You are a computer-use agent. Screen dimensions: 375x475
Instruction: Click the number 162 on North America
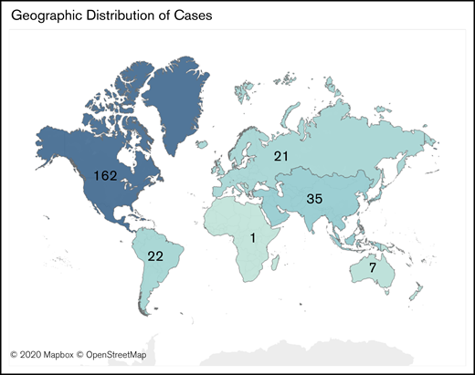tap(106, 173)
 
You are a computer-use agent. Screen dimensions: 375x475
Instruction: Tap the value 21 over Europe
tap(280, 157)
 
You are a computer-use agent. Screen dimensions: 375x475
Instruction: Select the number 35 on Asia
tap(313, 198)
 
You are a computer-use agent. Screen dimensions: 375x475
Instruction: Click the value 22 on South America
tap(155, 256)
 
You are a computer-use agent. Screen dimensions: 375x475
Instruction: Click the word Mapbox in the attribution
tap(62, 354)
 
